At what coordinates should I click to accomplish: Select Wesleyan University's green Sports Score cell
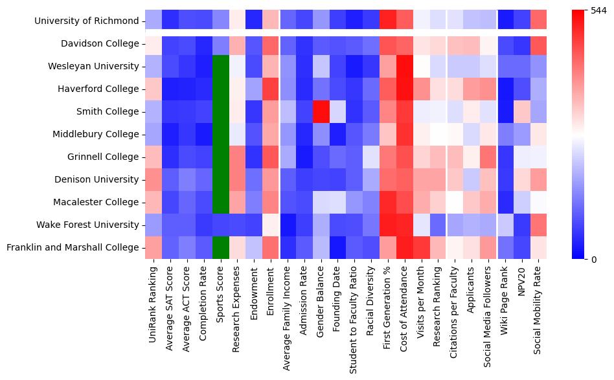[221, 66]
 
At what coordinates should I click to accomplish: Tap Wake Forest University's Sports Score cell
[221, 225]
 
